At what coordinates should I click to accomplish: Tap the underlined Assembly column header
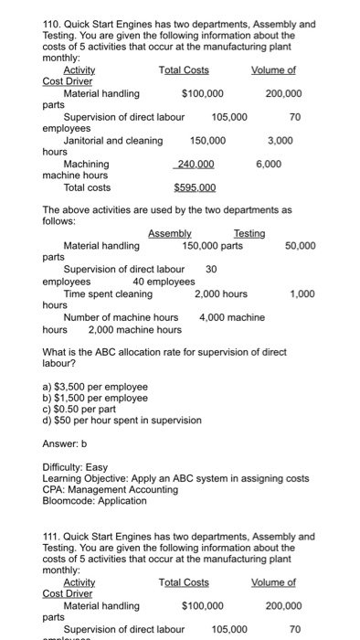[x=169, y=234]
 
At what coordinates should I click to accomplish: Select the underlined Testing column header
[x=249, y=234]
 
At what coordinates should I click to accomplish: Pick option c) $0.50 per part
[x=84, y=409]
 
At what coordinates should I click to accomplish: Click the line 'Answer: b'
[x=68, y=443]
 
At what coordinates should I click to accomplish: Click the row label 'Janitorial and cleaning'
[x=113, y=141]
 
